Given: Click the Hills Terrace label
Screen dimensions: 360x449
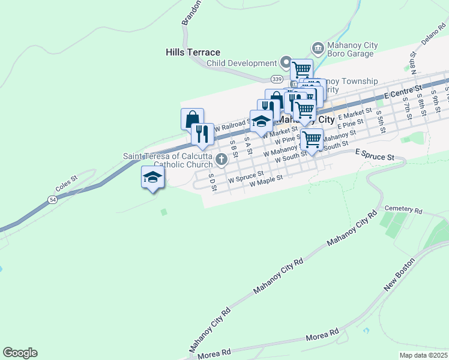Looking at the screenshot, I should pos(193,53).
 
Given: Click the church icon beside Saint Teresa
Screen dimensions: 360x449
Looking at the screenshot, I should pos(222,160).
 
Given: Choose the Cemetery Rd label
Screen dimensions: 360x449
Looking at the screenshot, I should pos(403,210).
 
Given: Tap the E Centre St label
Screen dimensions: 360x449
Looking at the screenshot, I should pos(390,94).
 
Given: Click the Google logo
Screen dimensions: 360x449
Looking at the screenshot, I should pos(20,353).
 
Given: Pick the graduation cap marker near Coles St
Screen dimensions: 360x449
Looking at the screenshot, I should pos(152,177).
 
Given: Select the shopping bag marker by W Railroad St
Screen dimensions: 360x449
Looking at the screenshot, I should pos(192,119).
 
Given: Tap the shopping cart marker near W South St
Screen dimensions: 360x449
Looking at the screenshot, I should pos(311,139).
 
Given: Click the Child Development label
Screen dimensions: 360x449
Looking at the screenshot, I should pos(241,64).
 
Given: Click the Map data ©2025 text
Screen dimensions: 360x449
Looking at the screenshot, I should pos(422,355).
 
